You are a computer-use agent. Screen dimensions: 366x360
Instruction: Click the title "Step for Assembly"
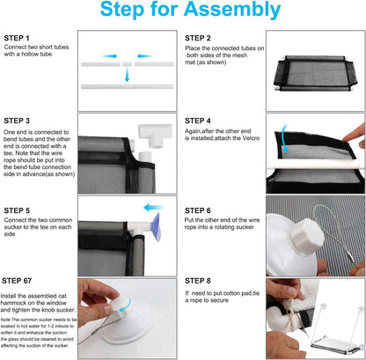tap(190, 10)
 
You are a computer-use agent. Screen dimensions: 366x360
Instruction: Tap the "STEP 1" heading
tap(17, 38)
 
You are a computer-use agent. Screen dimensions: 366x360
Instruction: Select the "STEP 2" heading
tap(198, 38)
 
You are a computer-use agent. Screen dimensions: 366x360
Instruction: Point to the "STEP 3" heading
tap(17, 121)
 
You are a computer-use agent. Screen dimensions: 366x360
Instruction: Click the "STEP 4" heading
tap(198, 121)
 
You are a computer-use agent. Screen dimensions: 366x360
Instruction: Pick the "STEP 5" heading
tap(17, 210)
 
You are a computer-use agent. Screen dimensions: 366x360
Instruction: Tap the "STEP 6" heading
tap(198, 210)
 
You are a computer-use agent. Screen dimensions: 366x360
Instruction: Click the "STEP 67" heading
tap(17, 281)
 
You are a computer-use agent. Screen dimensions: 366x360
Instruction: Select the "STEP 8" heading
tap(198, 281)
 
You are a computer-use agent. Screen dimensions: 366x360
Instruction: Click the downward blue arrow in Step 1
tap(127, 75)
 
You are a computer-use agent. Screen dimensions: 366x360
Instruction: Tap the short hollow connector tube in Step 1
tap(127, 64)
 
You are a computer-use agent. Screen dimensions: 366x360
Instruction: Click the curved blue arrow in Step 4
tap(283, 139)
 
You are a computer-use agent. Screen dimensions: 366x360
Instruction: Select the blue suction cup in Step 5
tap(156, 227)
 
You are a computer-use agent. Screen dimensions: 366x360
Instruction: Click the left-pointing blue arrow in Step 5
tap(153, 208)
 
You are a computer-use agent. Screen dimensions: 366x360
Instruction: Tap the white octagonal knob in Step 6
tap(307, 235)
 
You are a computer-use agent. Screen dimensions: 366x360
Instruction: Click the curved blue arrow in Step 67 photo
tap(125, 305)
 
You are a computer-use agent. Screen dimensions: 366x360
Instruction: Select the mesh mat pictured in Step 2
tap(315, 73)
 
